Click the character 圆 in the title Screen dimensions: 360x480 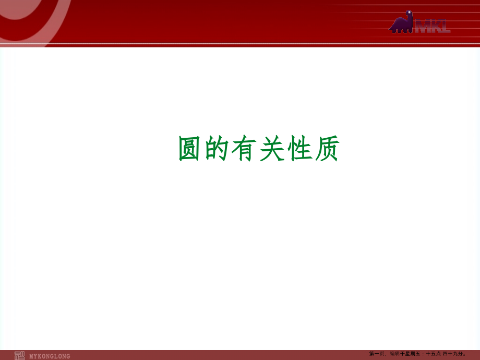[189, 149]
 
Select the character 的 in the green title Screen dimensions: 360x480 [217, 149]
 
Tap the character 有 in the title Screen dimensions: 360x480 [244, 149]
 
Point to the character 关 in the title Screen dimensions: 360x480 [272, 149]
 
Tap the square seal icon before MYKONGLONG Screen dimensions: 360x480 [19, 355]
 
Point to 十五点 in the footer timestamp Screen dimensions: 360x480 [434, 354]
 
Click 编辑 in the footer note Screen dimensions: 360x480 [394, 354]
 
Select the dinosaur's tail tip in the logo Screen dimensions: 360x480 [390, 30]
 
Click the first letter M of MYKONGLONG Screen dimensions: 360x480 [32, 356]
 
